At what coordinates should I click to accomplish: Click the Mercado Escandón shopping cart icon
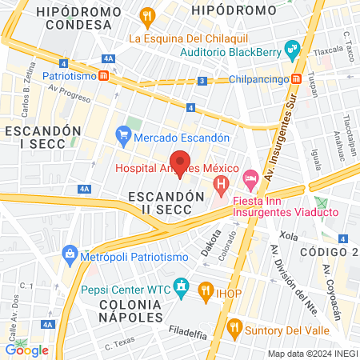tap(122, 137)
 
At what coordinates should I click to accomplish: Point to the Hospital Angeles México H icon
tap(221, 189)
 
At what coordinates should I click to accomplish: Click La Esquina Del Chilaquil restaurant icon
tap(146, 17)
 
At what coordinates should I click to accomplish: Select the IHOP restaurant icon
tap(205, 291)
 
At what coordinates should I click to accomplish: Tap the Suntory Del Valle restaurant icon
tap(234, 326)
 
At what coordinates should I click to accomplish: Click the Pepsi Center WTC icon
tap(182, 286)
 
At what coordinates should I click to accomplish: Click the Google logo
tap(27, 350)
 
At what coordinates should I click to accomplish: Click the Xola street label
tap(289, 238)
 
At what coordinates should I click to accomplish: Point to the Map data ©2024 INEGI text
tap(312, 354)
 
